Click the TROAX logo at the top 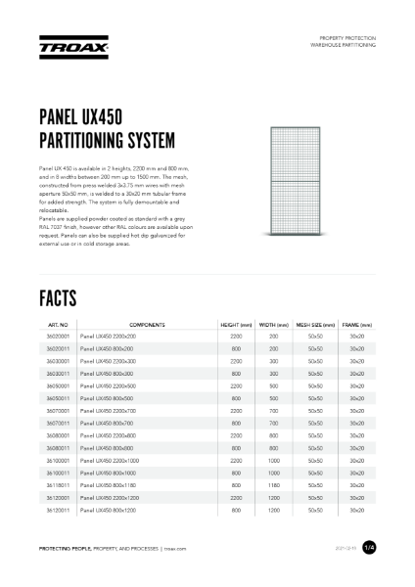66,46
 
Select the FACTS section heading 65,295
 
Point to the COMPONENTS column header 147,324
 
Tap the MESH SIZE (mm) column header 315,324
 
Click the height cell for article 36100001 236,459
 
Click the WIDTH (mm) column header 274,324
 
